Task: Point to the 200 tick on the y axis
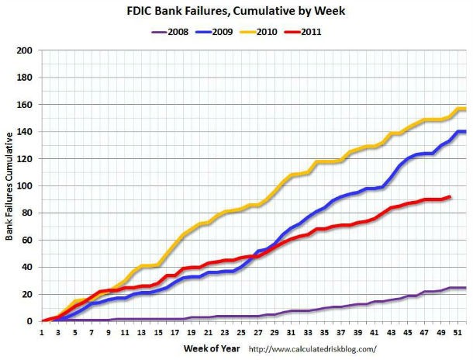coord(26,50)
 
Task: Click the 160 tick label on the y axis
coord(26,105)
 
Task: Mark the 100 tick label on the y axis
coord(26,186)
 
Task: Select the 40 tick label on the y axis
coord(29,268)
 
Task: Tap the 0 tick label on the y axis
coord(31,321)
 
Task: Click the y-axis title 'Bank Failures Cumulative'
coord(11,186)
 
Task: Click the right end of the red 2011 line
coord(427,196)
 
